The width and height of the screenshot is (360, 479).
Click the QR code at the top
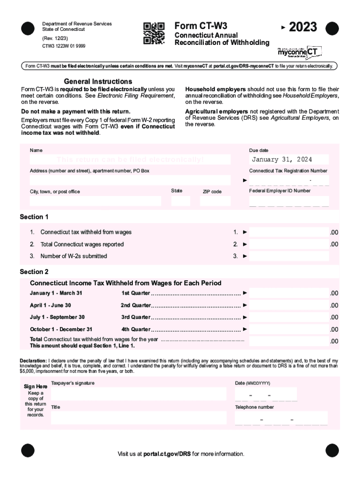pos(154,33)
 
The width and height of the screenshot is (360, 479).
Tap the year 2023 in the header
pos(302,27)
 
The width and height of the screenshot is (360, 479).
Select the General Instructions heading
pos(98,81)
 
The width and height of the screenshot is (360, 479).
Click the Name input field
pos(130,160)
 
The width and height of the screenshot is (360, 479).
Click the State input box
pos(180,201)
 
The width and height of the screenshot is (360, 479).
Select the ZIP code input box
pos(215,201)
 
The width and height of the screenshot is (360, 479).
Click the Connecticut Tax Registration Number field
pos(289,181)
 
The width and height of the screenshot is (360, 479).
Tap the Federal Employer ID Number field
pos(289,201)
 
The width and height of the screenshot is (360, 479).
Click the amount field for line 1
pos(288,232)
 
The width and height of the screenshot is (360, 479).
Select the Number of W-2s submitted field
pos(288,256)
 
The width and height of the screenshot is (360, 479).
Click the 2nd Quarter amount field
pos(288,305)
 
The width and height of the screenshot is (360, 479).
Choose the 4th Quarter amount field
pos(288,329)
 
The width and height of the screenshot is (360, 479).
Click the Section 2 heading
pos(34,272)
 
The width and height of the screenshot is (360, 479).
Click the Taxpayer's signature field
pos(138,394)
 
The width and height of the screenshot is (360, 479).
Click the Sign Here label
pos(36,387)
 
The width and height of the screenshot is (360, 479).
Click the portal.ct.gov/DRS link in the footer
pos(167,454)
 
